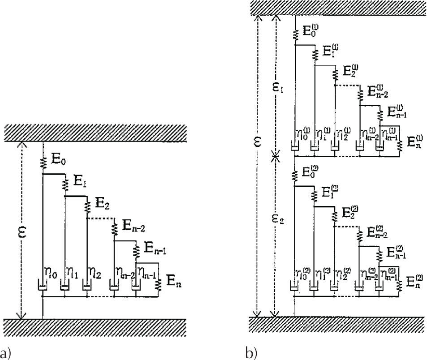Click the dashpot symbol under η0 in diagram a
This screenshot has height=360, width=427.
coord(43,285)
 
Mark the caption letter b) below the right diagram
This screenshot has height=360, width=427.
coord(250,352)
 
